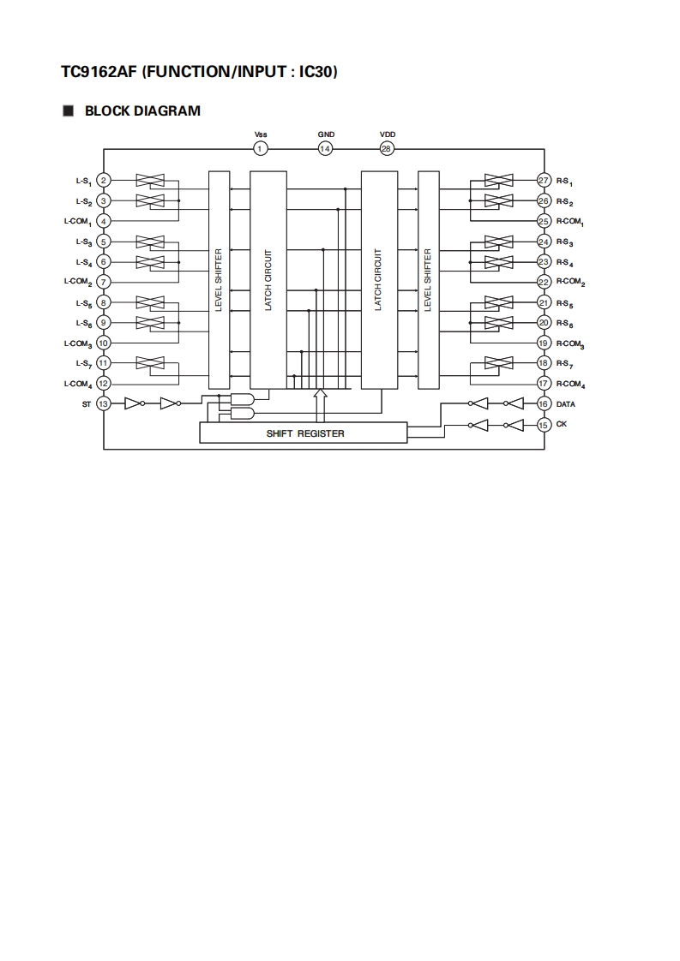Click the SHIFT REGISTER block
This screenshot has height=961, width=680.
pos(304,433)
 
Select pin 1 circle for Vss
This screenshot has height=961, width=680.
pos(261,148)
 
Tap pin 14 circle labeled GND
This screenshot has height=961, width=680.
pos(325,148)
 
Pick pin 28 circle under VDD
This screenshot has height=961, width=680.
pos(387,148)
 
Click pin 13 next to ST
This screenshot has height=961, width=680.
pos(104,403)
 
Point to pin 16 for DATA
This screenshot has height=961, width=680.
pos(544,403)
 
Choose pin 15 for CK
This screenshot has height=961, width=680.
pos(544,424)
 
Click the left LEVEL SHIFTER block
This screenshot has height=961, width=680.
pos(219,280)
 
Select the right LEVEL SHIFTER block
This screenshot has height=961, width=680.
pos(428,280)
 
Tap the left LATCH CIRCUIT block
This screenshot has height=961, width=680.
pos(268,280)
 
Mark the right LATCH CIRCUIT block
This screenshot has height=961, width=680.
pos(378,280)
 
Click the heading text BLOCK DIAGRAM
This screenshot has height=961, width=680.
pos(142,110)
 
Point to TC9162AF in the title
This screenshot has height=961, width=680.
pos(99,73)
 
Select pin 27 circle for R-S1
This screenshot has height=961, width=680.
pos(544,180)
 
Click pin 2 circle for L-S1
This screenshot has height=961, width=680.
pos(104,180)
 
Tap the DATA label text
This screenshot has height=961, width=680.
pos(566,403)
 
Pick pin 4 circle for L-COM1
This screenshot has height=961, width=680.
pos(104,221)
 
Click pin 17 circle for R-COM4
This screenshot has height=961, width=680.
pos(544,383)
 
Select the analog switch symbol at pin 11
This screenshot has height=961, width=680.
pos(151,363)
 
